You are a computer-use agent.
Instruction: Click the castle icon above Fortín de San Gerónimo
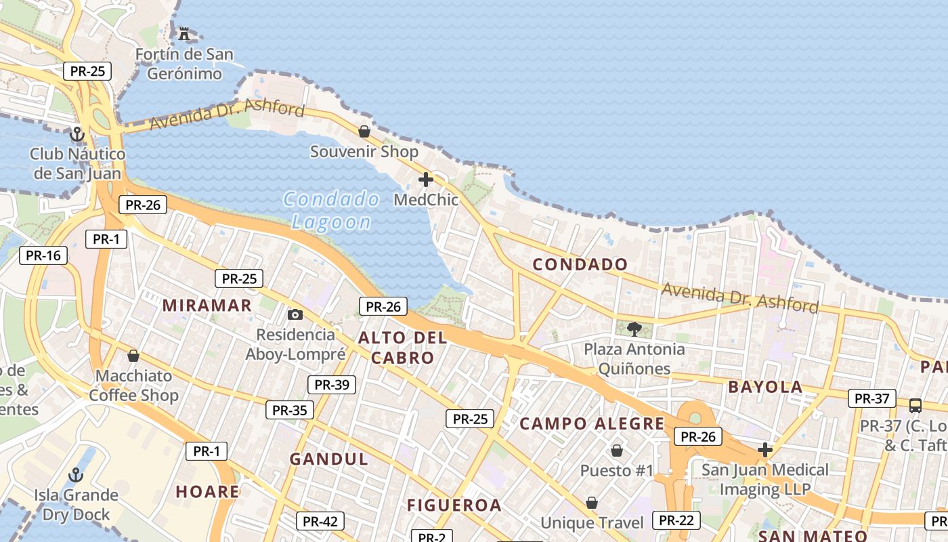pos(184,33)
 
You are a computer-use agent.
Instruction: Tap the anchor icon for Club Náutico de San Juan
pos(77,133)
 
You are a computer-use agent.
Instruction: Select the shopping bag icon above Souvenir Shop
pos(364,131)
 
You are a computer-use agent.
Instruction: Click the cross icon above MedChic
pos(426,180)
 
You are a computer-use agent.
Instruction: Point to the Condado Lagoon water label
pos(332,210)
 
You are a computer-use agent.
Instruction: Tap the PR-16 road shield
pos(43,255)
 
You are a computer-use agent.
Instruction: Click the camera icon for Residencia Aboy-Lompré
pos(295,314)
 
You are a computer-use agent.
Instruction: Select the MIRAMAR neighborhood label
pos(207,306)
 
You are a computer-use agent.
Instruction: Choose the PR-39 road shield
pos(332,385)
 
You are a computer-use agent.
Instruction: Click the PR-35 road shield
pos(290,410)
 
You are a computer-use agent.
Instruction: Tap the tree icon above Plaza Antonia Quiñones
pos(634,329)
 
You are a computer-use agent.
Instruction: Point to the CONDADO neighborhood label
pos(580,264)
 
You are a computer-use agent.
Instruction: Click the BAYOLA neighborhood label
pos(765,388)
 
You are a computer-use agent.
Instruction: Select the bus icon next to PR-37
pos(915,406)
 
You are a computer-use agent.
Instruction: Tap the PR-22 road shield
pos(676,520)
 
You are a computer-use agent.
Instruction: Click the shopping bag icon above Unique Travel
pos(592,503)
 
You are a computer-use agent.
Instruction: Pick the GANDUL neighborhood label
pos(329,459)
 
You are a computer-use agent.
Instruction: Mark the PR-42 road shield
pos(320,522)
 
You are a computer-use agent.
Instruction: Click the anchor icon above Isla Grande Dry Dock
pos(76,475)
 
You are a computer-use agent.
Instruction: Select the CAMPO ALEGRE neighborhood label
pos(592,424)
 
